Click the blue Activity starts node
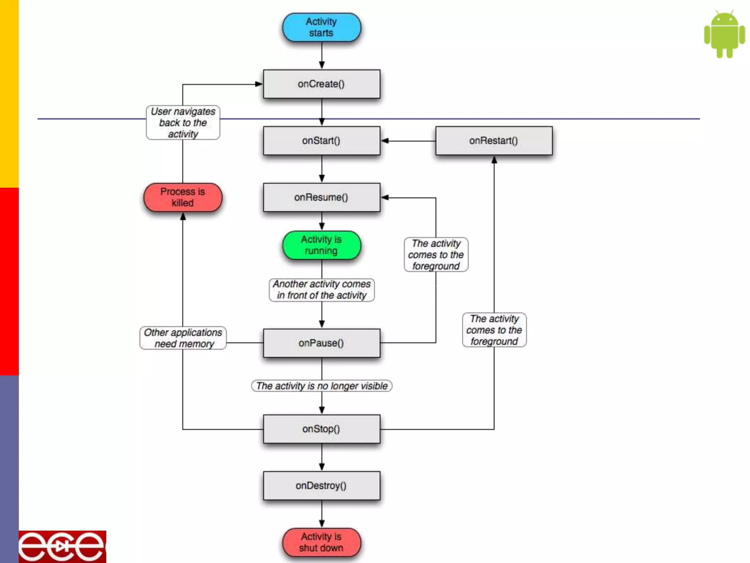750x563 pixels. (321, 27)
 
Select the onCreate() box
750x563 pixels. (321, 84)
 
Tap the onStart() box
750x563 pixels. (321, 140)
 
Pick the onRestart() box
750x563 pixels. (494, 140)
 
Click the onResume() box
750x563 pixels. (321, 197)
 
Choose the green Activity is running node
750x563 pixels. (321, 245)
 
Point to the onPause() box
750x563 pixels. (321, 343)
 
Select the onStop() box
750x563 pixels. (321, 429)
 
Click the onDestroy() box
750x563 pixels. (321, 486)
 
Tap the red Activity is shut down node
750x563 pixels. (321, 542)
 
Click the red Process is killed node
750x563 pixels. (183, 197)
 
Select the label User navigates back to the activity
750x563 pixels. (183, 122)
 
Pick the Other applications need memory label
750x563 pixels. (183, 338)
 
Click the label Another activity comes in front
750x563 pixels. (322, 290)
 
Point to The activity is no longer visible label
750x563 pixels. (322, 386)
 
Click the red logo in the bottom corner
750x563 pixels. (62, 547)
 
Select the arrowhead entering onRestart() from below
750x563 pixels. (494, 160)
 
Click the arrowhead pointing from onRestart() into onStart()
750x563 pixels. (385, 140)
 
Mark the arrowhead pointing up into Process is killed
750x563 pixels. (183, 217)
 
